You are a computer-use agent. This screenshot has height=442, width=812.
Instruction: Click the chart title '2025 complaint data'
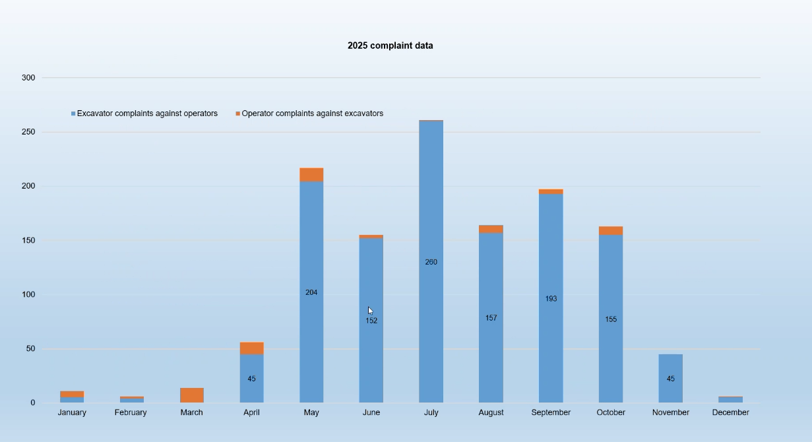click(390, 46)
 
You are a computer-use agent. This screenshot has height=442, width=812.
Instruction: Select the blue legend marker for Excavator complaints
click(73, 114)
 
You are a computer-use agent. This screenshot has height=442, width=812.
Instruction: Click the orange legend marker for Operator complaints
click(238, 114)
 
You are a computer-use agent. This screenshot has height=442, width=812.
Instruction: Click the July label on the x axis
click(431, 412)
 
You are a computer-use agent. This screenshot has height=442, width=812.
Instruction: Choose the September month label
click(551, 412)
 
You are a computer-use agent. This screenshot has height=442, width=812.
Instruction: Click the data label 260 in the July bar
click(431, 262)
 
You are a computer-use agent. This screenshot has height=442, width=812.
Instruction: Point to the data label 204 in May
click(311, 292)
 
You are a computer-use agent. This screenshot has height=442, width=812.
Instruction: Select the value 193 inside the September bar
click(551, 299)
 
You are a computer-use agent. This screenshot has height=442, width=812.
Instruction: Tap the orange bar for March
click(192, 395)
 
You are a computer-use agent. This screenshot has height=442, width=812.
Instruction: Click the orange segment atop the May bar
click(311, 175)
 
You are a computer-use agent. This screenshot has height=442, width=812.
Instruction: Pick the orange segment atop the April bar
click(251, 348)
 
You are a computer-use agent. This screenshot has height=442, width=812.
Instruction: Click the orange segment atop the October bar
click(611, 230)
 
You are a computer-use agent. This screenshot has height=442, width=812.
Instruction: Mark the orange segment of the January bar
click(72, 394)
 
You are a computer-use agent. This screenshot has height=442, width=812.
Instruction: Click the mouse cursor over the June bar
click(370, 311)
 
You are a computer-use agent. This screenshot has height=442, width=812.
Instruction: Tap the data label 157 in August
click(491, 318)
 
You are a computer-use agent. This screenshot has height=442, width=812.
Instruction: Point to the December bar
click(730, 400)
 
